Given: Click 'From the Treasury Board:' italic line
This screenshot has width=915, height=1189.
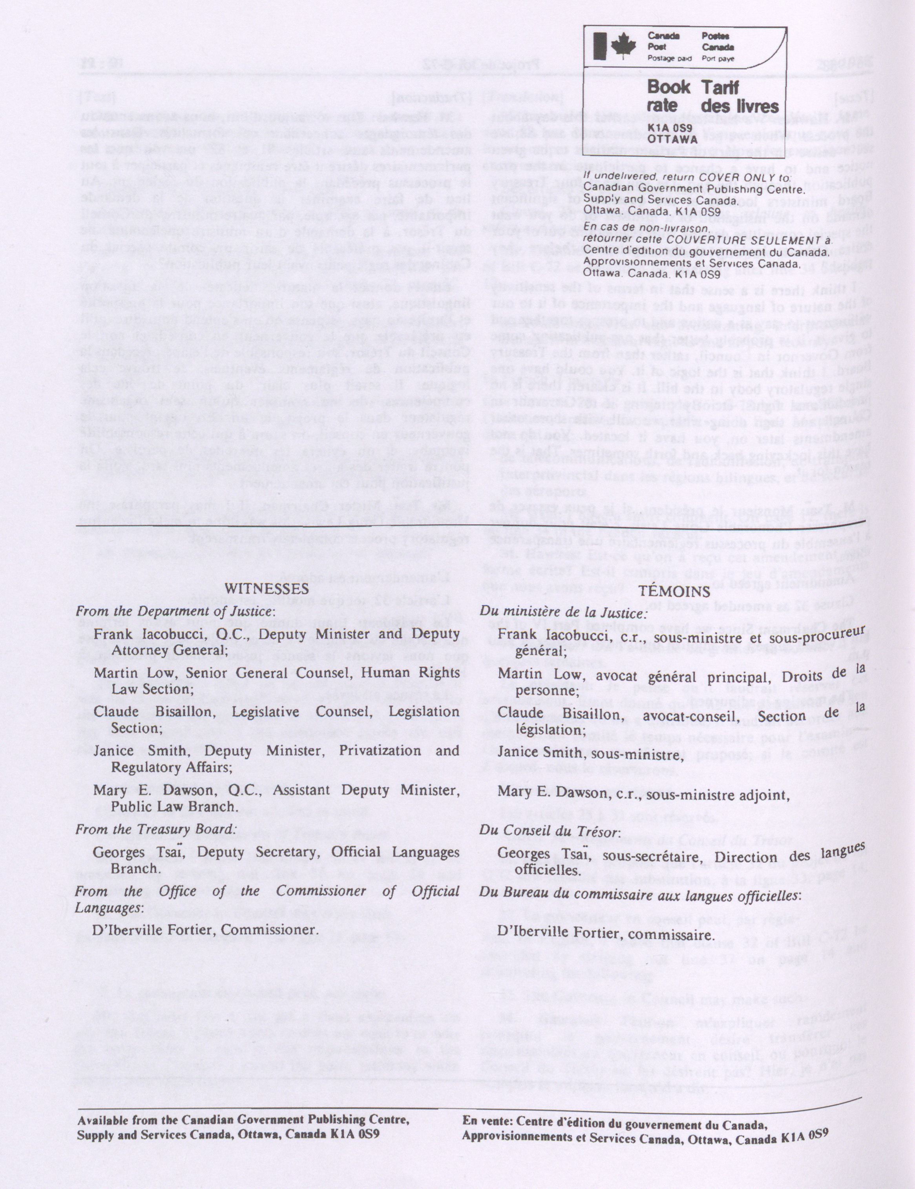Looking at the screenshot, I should pos(156,829).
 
